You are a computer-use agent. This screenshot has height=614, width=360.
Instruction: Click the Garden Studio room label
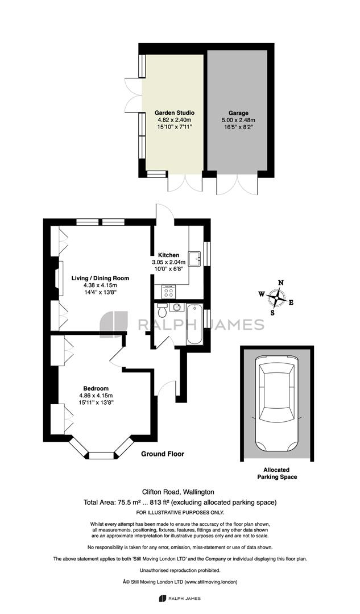click(175, 113)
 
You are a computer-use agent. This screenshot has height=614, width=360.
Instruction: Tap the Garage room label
click(238, 113)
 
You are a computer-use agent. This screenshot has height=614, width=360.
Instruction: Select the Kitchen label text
click(168, 255)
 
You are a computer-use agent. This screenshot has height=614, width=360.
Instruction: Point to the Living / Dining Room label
click(100, 279)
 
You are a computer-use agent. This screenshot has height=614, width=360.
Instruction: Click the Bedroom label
click(96, 388)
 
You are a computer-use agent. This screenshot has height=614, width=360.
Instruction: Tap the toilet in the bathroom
click(162, 310)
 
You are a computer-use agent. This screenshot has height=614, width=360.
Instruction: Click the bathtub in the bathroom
click(195, 324)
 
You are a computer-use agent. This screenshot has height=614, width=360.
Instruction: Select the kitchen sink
click(195, 259)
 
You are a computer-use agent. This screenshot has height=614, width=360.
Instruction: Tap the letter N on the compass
click(280, 283)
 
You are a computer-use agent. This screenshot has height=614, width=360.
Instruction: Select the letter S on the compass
click(272, 313)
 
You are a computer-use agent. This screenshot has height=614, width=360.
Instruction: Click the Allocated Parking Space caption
click(277, 473)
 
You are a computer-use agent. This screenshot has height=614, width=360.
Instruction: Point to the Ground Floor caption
click(163, 454)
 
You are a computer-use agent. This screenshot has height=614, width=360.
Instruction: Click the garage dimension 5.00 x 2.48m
click(238, 120)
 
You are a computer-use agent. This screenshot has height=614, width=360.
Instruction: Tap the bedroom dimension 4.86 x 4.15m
click(96, 396)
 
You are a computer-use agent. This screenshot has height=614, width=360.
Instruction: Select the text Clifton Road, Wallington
click(178, 492)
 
